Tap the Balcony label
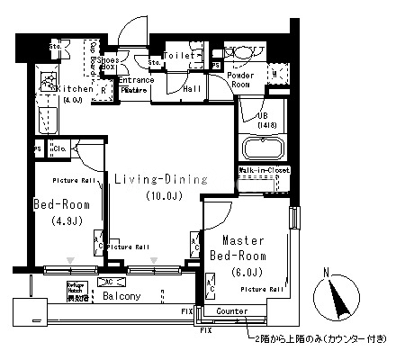[x=119, y=295]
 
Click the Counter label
[x=231, y=310]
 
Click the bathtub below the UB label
[x=262, y=147]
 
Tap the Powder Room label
[x=240, y=79]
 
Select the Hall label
[x=192, y=89]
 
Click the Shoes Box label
[x=108, y=62]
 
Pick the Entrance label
[x=135, y=80]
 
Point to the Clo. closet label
[x=60, y=148]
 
